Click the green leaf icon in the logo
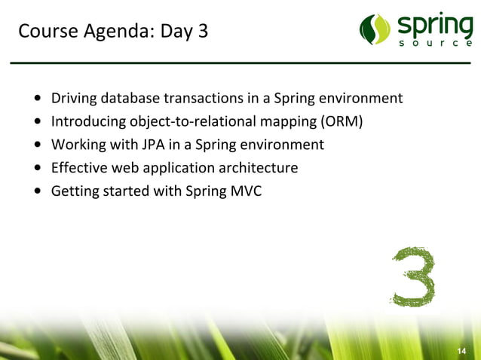[x=375, y=29]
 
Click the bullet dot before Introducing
[x=38, y=122]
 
